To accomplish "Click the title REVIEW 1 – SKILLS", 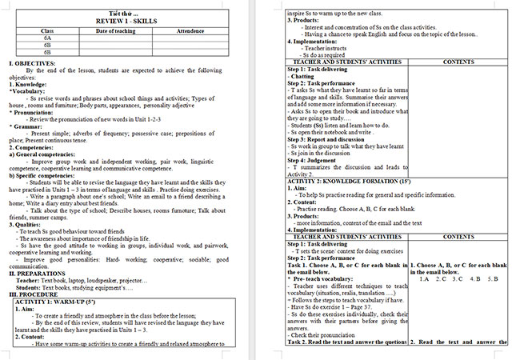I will (128, 22).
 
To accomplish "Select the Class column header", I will (47, 30).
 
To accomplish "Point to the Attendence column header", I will (190, 30).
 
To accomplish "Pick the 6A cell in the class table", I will (47, 38).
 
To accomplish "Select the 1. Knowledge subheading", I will (26, 83).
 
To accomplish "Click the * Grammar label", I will (25, 126).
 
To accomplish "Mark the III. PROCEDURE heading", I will (33, 294).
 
